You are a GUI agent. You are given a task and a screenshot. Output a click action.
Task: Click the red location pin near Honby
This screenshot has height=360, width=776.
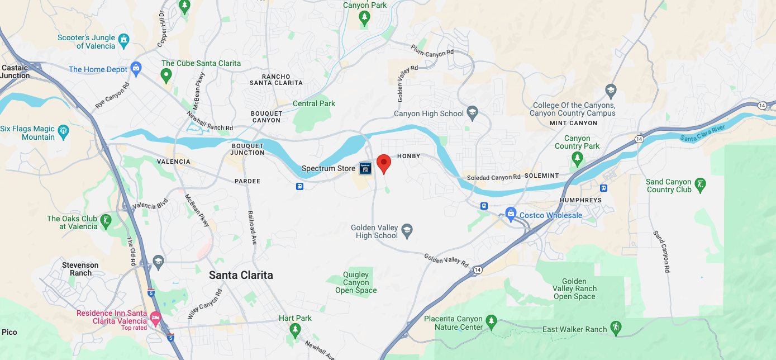tap(383, 163)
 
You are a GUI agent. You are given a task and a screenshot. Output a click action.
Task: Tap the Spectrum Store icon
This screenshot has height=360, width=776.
tap(365, 168)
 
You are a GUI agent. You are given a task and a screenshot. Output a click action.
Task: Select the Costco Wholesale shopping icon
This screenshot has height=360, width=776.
tap(510, 213)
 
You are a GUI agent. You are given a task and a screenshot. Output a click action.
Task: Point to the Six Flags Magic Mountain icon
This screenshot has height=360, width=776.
tap(64, 132)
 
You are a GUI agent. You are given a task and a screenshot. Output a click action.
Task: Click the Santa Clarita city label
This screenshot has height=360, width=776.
tap(241, 275)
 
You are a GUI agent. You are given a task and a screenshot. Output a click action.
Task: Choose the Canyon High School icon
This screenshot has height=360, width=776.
tap(473, 113)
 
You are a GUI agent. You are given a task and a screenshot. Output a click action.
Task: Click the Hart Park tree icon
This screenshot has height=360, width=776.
tap(296, 330)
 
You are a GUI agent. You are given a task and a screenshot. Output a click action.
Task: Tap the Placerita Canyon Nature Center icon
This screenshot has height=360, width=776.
tap(491, 321)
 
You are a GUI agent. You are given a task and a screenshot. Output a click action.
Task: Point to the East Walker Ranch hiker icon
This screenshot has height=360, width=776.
tap(616, 329)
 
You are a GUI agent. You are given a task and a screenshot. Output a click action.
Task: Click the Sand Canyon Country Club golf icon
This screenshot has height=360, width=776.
tap(699, 184)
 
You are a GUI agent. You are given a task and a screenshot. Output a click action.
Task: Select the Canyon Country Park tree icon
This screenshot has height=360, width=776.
tap(577, 160)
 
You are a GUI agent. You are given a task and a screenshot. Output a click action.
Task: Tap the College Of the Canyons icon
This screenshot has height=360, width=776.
tap(611, 91)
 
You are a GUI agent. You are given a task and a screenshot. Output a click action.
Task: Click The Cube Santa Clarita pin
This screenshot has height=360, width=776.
tap(166, 75)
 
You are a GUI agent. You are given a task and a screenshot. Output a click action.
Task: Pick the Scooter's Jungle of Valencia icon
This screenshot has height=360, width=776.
tap(123, 40)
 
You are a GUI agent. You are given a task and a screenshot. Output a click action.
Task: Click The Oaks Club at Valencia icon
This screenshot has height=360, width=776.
tap(106, 221)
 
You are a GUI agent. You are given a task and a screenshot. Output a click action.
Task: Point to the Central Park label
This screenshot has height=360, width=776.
tap(314, 103)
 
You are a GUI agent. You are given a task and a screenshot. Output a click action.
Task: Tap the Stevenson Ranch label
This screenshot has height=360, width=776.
tap(80, 269)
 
